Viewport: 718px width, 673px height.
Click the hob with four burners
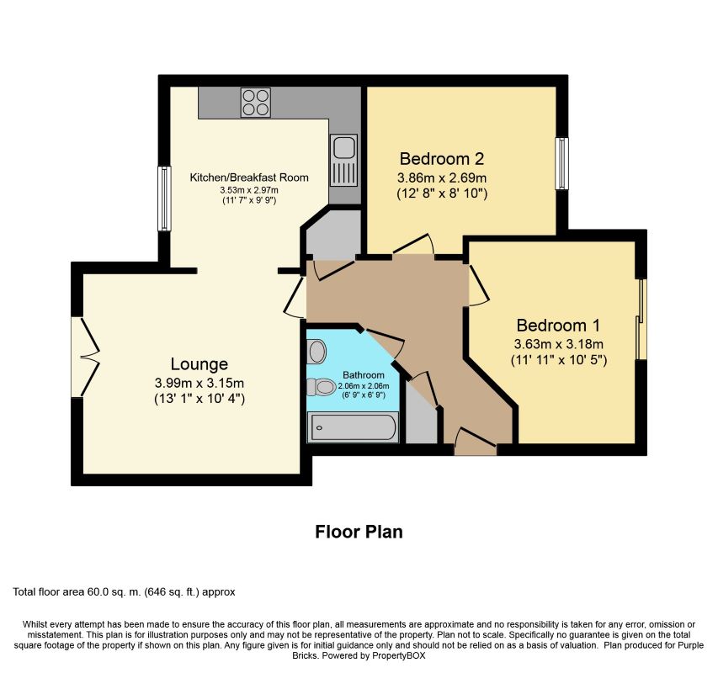pyautogui.click(x=255, y=102)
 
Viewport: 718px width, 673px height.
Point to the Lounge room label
pyautogui.click(x=199, y=364)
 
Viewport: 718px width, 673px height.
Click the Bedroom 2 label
pyautogui.click(x=442, y=158)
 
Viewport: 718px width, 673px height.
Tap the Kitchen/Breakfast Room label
pyautogui.click(x=249, y=178)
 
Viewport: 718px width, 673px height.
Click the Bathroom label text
pyautogui.click(x=364, y=375)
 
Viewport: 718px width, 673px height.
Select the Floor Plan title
pyautogui.click(x=359, y=532)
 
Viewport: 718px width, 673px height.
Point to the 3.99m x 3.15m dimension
pyautogui.click(x=199, y=384)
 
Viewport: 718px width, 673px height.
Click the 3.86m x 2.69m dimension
pyautogui.click(x=442, y=178)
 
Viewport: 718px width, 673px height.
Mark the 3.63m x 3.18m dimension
pyautogui.click(x=559, y=344)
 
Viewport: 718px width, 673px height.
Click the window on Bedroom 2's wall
pyautogui.click(x=561, y=163)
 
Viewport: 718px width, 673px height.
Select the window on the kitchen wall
pyautogui.click(x=165, y=199)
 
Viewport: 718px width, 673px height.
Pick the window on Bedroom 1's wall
pyautogui.click(x=641, y=319)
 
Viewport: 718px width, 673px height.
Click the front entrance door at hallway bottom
pyautogui.click(x=475, y=441)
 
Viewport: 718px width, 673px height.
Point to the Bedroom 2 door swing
pyautogui.click(x=415, y=245)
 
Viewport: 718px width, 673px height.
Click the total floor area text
pyautogui.click(x=124, y=592)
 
